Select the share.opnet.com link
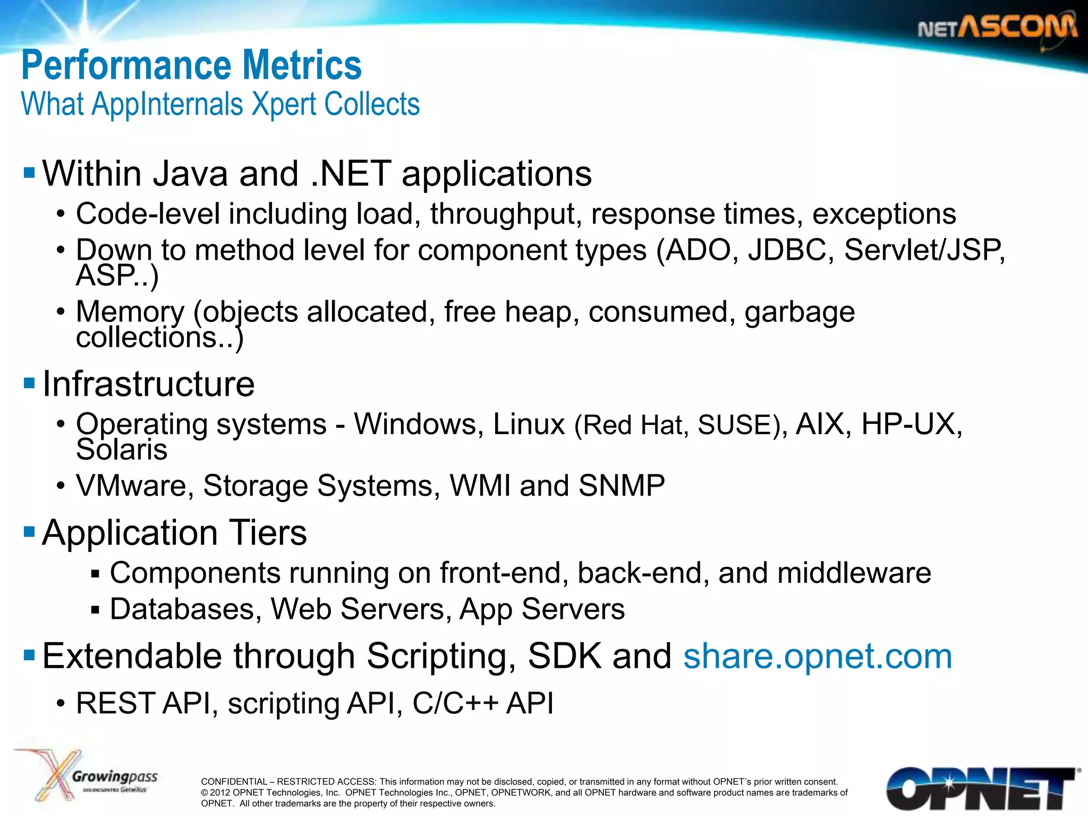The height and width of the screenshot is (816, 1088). pyautogui.click(x=817, y=656)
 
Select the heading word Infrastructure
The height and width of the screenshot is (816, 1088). pyautogui.click(x=148, y=384)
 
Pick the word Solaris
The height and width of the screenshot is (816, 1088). pyautogui.click(x=122, y=449)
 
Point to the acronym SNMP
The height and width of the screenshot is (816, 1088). pyautogui.click(x=622, y=486)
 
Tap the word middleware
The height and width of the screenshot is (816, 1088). pyautogui.click(x=854, y=573)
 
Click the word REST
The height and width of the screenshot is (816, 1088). pyautogui.click(x=115, y=703)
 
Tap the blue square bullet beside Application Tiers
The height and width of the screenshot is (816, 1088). pyautogui.click(x=29, y=531)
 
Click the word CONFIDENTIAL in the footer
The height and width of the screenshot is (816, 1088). pyautogui.click(x=234, y=781)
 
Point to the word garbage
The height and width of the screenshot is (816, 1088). pyautogui.click(x=800, y=312)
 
